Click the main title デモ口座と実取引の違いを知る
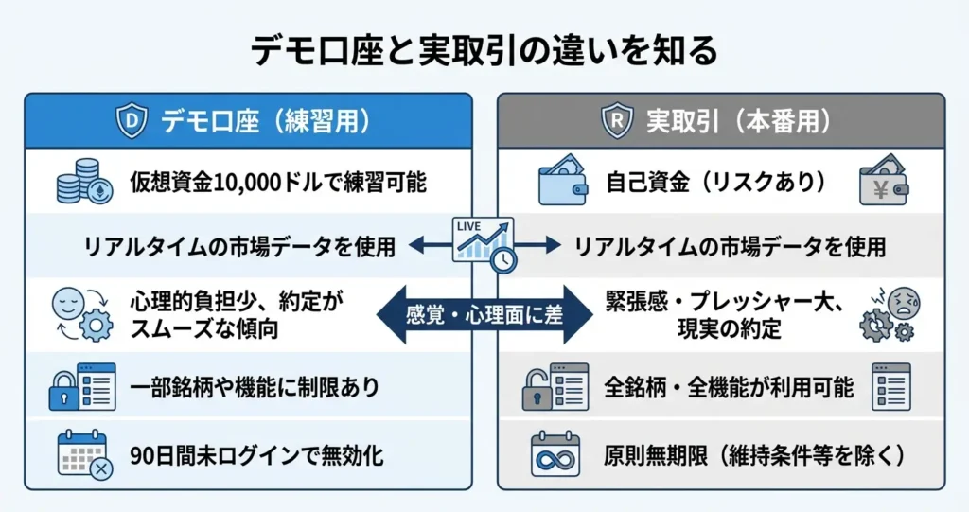click(484, 50)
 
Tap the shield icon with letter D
click(132, 121)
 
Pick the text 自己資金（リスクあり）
click(716, 183)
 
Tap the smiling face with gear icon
click(79, 313)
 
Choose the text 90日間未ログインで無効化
click(256, 455)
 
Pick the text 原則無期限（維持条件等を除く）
click(754, 455)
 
